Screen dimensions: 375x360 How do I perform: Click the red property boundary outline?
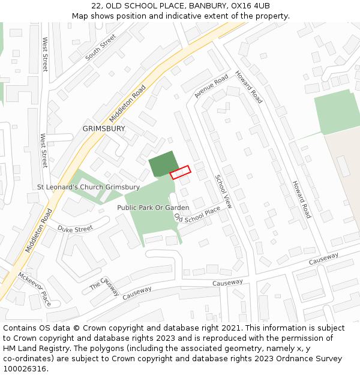[180, 172]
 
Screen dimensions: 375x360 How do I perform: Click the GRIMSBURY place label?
[104, 128]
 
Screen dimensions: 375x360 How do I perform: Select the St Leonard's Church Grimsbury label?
[88, 187]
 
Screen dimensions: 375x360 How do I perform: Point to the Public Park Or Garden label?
[153, 208]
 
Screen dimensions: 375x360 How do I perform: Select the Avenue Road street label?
[211, 86]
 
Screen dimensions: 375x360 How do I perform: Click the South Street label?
[100, 47]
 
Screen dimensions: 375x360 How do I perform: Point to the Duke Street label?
[75, 229]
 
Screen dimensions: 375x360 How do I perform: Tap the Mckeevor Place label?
[34, 288]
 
